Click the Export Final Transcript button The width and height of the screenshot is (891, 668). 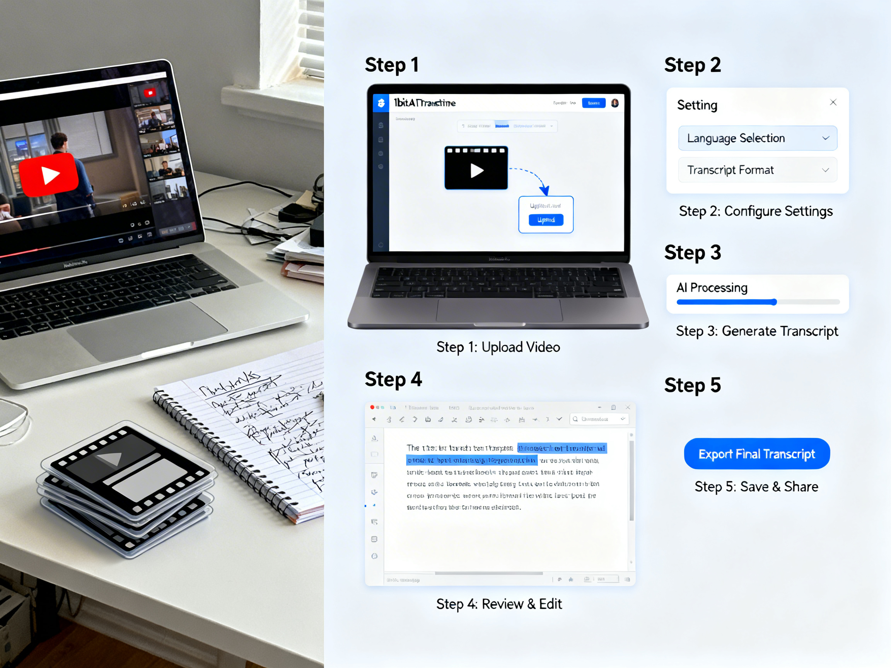tap(756, 454)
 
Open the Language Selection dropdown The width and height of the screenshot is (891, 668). tap(757, 138)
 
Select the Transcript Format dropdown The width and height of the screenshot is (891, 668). tap(757, 170)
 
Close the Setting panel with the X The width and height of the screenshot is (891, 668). tap(833, 102)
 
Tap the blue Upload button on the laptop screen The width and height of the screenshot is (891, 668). tap(546, 220)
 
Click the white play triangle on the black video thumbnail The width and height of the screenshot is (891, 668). tap(476, 170)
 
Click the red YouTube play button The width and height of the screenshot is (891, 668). tap(49, 175)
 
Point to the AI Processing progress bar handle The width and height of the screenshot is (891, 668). tap(774, 302)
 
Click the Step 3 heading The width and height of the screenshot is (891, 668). tap(692, 252)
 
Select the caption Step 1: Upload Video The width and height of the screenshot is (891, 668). tap(498, 347)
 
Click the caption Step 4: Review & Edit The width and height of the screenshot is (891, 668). tap(498, 604)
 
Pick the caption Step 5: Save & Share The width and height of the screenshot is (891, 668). tap(756, 487)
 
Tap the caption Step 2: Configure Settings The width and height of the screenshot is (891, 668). tap(756, 211)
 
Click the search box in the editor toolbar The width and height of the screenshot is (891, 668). tap(599, 419)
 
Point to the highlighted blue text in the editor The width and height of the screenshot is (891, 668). tap(562, 448)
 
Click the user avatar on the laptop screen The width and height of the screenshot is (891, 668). tap(614, 103)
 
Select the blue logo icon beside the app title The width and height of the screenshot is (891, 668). tap(381, 103)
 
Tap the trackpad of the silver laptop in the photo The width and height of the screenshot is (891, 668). tap(147, 330)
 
